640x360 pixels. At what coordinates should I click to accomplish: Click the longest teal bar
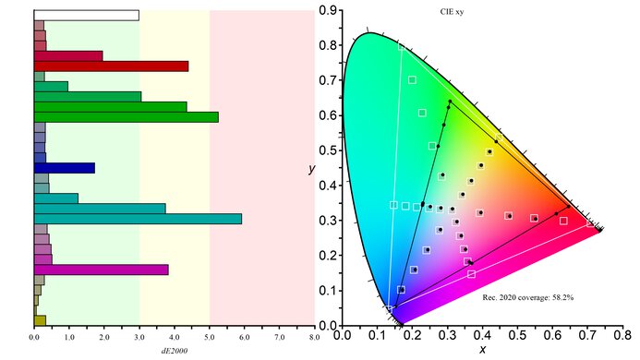click(138, 219)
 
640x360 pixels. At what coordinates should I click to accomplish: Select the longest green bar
click(126, 117)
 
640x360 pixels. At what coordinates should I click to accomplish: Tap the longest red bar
click(111, 66)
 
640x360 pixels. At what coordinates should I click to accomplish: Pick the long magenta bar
click(101, 270)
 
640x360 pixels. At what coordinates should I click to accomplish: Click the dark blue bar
click(64, 168)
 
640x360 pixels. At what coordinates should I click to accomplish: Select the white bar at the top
click(86, 15)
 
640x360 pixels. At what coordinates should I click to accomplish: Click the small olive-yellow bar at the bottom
click(40, 320)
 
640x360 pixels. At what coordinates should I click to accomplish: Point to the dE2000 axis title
click(175, 351)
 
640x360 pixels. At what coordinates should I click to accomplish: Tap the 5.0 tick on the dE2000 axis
click(210, 338)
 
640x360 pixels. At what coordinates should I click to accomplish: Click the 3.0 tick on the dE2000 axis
click(139, 338)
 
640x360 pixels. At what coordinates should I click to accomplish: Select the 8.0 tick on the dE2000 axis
click(314, 338)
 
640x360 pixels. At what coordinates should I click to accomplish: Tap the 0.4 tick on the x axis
click(485, 337)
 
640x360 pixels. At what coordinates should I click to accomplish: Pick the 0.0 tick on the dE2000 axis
click(34, 338)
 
